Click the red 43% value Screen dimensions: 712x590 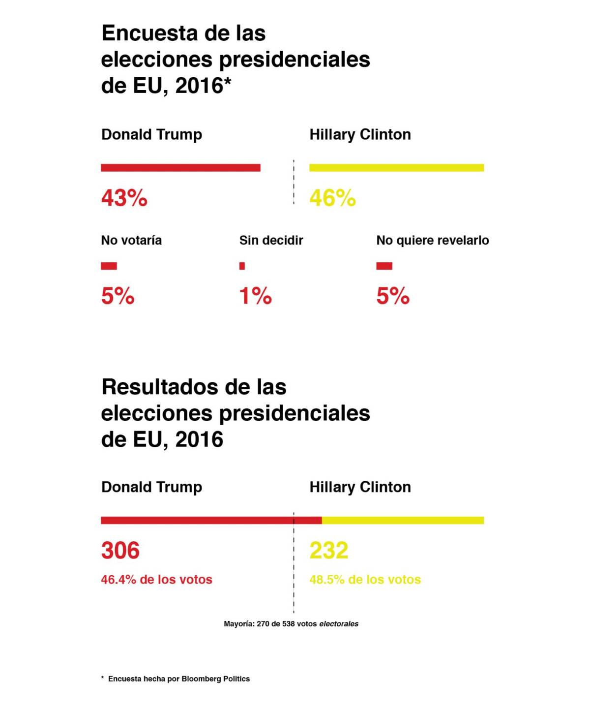tap(124, 198)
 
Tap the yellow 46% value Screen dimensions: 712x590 tap(332, 198)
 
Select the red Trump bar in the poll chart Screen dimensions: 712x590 tap(180, 168)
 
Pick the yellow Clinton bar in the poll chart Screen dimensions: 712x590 tap(396, 168)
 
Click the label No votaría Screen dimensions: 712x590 tap(131, 240)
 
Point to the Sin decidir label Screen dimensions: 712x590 tap(271, 240)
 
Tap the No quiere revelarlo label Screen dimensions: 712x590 tap(432, 240)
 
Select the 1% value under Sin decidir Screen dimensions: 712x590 tap(255, 296)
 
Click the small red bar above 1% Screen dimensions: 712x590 tap(242, 266)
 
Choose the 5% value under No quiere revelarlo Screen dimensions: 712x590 tap(392, 296)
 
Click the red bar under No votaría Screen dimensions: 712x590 tap(109, 266)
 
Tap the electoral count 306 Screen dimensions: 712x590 tap(120, 550)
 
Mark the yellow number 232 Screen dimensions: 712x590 tap(328, 550)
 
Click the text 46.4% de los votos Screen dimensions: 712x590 tap(156, 580)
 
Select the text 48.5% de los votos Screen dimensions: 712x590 tap(365, 580)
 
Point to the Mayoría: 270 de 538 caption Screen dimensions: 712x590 tap(291, 624)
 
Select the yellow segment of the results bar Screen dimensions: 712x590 tap(403, 520)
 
